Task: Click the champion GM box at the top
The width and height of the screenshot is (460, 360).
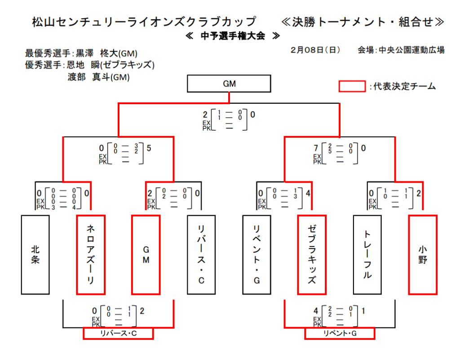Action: point(229,83)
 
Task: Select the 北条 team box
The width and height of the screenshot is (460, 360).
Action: point(35,255)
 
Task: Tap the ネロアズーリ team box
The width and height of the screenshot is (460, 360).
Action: point(91,255)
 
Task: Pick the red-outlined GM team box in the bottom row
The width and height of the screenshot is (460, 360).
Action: point(146,255)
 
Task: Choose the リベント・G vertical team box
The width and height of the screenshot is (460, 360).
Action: point(256,255)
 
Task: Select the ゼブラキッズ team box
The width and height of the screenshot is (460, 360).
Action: point(312,255)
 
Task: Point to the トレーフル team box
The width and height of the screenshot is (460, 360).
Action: point(367,255)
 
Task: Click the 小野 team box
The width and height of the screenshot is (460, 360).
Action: point(422,255)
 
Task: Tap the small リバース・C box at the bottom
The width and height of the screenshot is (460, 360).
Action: point(118,334)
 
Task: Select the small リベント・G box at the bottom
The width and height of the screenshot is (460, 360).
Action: point(340,334)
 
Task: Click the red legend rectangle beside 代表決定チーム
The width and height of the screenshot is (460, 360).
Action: point(352,86)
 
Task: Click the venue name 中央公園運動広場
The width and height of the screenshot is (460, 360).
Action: point(411,50)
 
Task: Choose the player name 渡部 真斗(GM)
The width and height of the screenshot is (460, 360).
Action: point(98,77)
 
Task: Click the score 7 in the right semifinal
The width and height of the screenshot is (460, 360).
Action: point(316,148)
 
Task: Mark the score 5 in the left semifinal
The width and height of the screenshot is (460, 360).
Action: point(149,148)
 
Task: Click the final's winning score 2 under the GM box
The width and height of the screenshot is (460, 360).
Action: point(205,115)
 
